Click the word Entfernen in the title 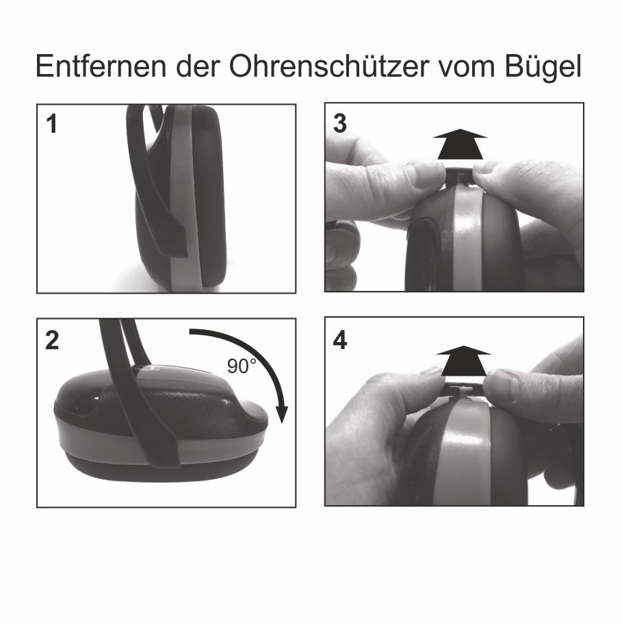pyautogui.click(x=101, y=66)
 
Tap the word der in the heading pyautogui.click(x=198, y=66)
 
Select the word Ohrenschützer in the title pyautogui.click(x=328, y=66)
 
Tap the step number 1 pyautogui.click(x=52, y=124)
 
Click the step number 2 pyautogui.click(x=52, y=340)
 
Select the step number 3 pyautogui.click(x=340, y=123)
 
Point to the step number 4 pyautogui.click(x=340, y=340)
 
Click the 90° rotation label pyautogui.click(x=242, y=366)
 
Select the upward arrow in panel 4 pyautogui.click(x=463, y=361)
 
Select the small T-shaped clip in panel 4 pyautogui.click(x=461, y=394)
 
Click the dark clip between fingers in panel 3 pyautogui.click(x=459, y=177)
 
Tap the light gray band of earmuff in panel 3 pyautogui.click(x=468, y=239)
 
